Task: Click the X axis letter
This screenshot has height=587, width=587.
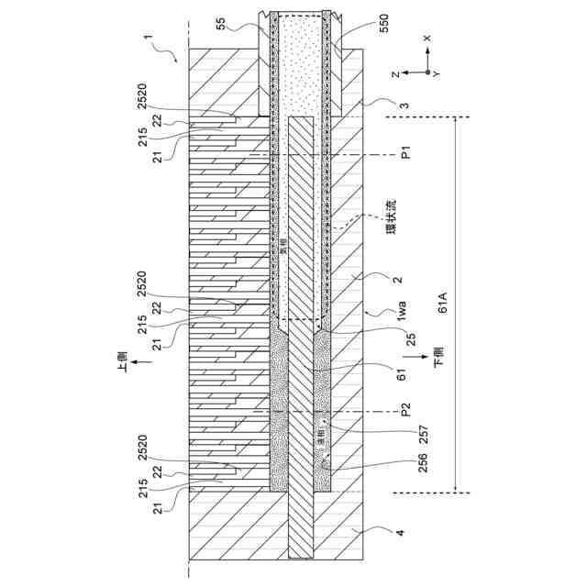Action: pyautogui.click(x=426, y=39)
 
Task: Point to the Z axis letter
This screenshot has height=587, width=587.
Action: pyautogui.click(x=394, y=72)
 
